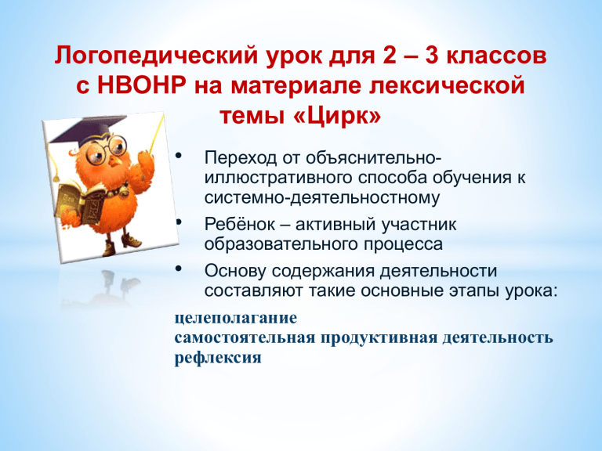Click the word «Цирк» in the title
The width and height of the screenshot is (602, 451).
(339, 115)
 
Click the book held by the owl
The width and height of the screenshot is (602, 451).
(82, 204)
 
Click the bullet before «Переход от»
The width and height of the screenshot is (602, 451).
(178, 155)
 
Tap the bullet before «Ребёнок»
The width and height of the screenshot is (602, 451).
(178, 222)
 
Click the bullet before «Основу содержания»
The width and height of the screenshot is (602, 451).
(178, 268)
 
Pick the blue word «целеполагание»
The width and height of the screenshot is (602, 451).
(236, 319)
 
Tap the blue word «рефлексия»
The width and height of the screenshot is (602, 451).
(218, 358)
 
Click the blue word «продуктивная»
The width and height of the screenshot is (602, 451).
(379, 338)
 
